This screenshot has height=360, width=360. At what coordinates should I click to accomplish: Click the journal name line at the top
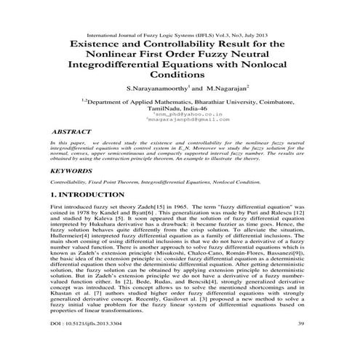[x=179, y=34]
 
